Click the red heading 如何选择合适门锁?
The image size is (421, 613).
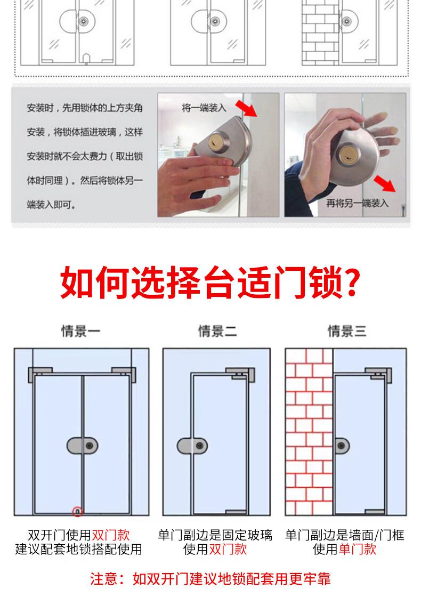pyautogui.click(x=210, y=283)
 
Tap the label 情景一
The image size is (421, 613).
pyautogui.click(x=81, y=331)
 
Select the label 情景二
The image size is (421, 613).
pyautogui.click(x=217, y=331)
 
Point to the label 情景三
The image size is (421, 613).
pyautogui.click(x=347, y=331)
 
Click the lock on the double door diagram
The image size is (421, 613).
pyautogui.click(x=83, y=446)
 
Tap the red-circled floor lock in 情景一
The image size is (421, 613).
pyautogui.click(x=77, y=511)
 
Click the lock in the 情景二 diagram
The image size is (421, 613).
pyautogui.click(x=192, y=446)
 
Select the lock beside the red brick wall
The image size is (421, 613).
pyautogui.click(x=342, y=446)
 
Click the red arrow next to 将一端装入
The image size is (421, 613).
pyautogui.click(x=246, y=108)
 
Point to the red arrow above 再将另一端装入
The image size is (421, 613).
pyautogui.click(x=385, y=183)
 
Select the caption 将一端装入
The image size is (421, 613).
pyautogui.click(x=204, y=108)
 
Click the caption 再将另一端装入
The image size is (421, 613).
pyautogui.click(x=357, y=203)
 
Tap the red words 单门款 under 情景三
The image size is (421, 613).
pyautogui.click(x=357, y=549)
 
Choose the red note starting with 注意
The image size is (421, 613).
pyautogui.click(x=210, y=578)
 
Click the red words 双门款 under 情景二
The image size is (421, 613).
pyautogui.click(x=228, y=549)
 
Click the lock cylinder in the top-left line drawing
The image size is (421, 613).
pyautogui.click(x=83, y=21)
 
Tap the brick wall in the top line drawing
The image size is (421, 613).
pyautogui.click(x=320, y=33)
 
